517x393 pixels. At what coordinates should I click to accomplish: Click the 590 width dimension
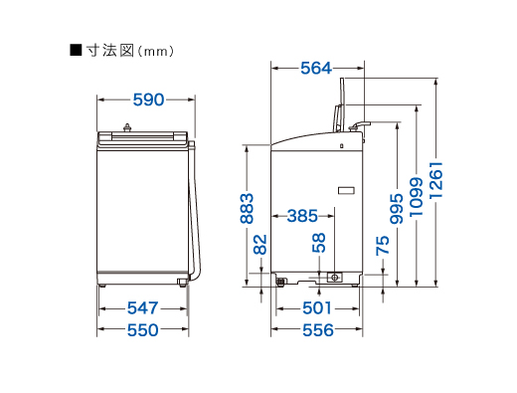point(148,99)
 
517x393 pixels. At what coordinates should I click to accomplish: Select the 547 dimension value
point(143,308)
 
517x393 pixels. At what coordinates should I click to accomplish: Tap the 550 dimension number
point(143,330)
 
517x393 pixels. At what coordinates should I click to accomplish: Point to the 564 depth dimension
point(316,69)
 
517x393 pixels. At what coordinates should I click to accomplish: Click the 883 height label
point(247,208)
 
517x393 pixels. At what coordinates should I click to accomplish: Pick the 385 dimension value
point(302,216)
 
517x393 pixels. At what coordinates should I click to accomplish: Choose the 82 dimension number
point(260,245)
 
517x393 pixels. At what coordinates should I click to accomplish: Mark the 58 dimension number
point(319,243)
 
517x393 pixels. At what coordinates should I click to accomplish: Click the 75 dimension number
point(383,246)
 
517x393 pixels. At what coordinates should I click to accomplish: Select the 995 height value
point(397,209)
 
